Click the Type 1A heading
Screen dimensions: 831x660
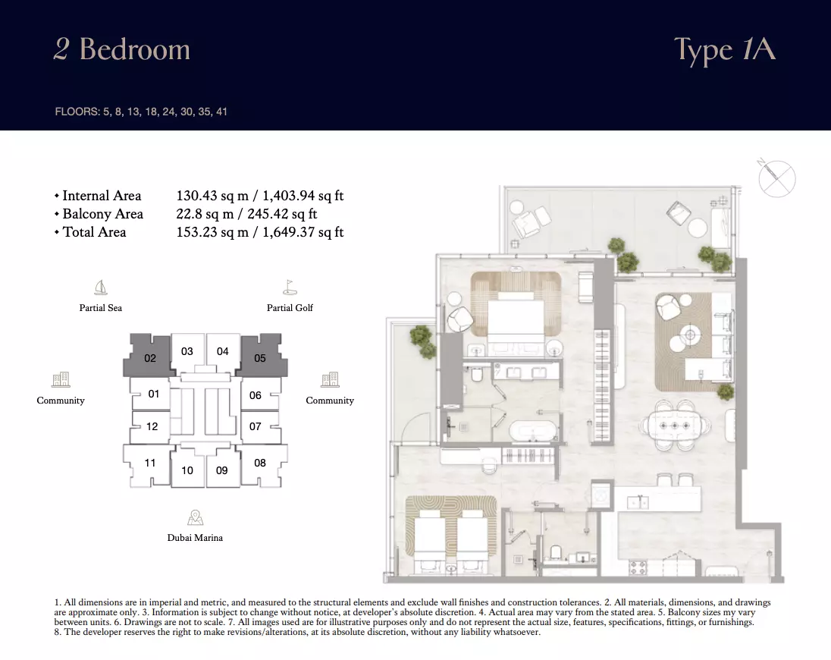[x=725, y=50]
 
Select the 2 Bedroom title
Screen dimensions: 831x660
[x=122, y=49]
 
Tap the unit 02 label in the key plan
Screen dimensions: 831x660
[x=150, y=358]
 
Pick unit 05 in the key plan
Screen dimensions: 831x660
[x=259, y=358]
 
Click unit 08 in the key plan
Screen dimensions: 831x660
[x=259, y=463]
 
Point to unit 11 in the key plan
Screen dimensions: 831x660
[x=150, y=463]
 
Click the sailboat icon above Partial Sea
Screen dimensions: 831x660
[x=101, y=288]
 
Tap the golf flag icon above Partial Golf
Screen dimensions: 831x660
[x=290, y=288]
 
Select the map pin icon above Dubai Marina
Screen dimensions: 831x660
[x=195, y=517]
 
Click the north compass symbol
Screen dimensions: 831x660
[x=776, y=178]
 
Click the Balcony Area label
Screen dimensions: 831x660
[x=103, y=214]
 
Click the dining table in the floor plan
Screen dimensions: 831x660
[x=675, y=426]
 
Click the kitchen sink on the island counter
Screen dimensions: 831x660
[x=638, y=501]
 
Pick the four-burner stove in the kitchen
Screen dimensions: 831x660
[x=638, y=567]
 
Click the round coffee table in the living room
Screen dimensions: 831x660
[x=690, y=335]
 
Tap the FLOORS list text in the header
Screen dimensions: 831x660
[x=141, y=112]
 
